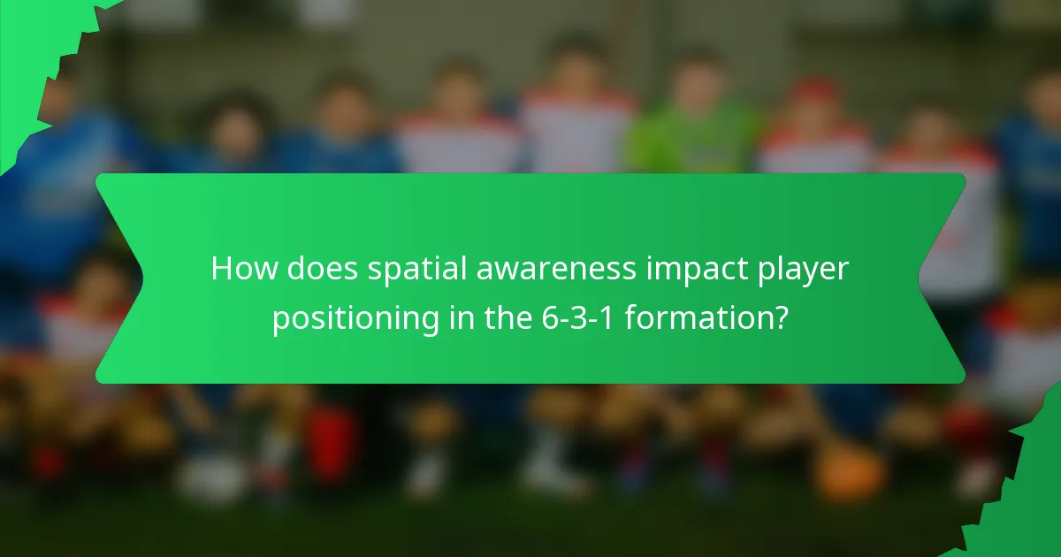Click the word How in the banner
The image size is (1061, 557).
tap(239, 269)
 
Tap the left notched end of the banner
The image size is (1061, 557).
tap(119, 278)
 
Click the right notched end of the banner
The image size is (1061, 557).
tap(943, 278)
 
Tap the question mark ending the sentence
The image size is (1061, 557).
tap(781, 317)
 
